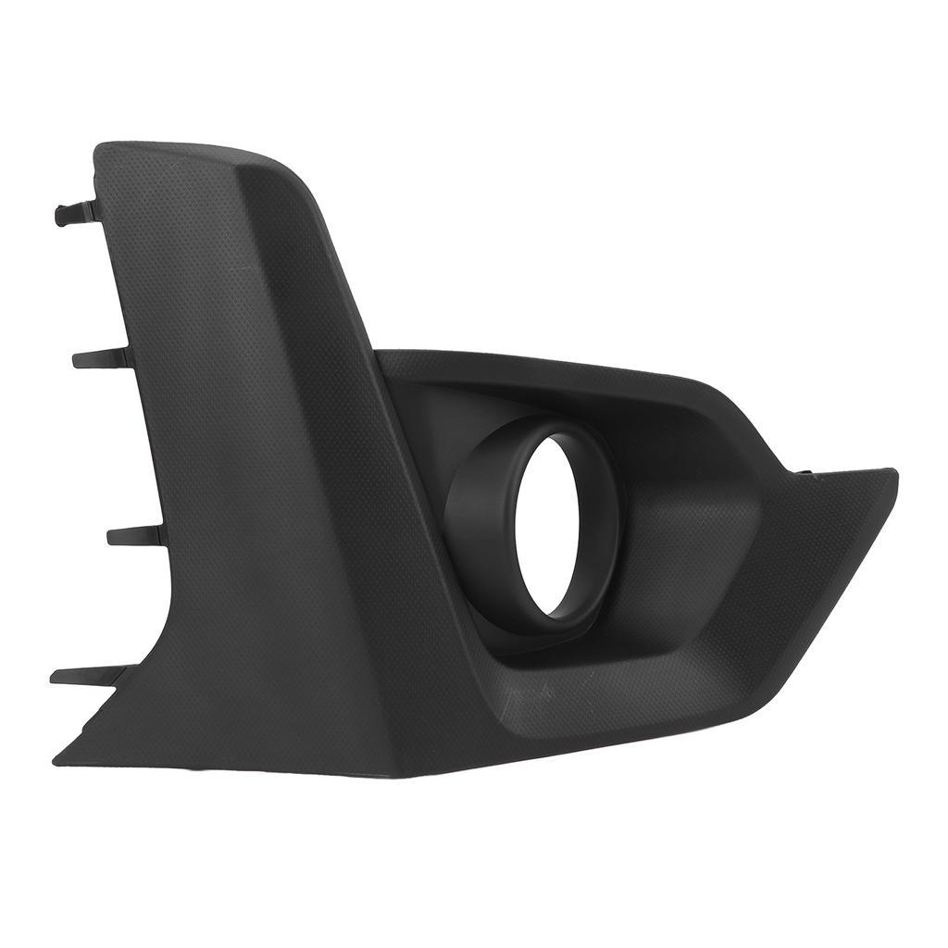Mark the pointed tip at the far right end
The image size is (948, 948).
pyautogui.click(x=892, y=473)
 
